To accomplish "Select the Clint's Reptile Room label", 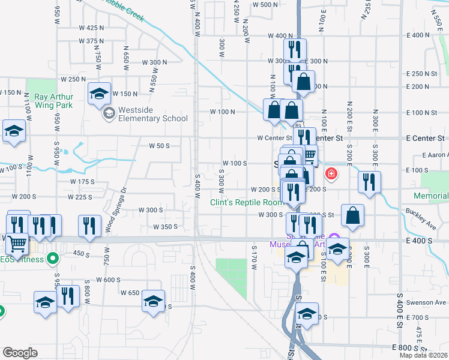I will pyautogui.click(x=246, y=202).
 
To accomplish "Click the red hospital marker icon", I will pyautogui.click(x=330, y=175).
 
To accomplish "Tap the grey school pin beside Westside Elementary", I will pyautogui.click(x=109, y=113).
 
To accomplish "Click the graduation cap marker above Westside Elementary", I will pyautogui.click(x=100, y=94).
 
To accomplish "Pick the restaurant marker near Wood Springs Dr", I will pyautogui.click(x=89, y=226).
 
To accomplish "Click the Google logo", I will pyautogui.click(x=20, y=352).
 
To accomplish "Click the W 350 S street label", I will pyautogui.click(x=165, y=227).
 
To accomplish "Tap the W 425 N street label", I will pyautogui.click(x=91, y=28).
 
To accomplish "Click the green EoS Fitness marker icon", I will pyautogui.click(x=53, y=259).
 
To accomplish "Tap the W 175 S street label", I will pyautogui.click(x=82, y=181).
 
